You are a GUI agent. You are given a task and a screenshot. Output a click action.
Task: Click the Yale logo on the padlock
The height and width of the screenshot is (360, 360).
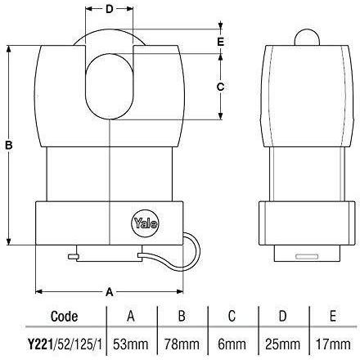tap(146, 223)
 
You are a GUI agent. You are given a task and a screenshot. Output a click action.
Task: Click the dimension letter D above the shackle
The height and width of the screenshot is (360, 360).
tap(109, 9)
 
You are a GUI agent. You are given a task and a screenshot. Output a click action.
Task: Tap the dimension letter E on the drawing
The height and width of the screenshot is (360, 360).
tap(220, 42)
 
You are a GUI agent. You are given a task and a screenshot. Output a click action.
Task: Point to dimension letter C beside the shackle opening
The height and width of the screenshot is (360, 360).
tap(220, 87)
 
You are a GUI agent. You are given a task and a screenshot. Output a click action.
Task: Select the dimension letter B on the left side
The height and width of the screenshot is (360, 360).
tap(9, 145)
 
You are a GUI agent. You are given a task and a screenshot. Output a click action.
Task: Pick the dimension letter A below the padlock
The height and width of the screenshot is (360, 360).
tap(109, 292)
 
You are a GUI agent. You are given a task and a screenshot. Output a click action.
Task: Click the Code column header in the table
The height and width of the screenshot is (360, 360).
tap(64, 317)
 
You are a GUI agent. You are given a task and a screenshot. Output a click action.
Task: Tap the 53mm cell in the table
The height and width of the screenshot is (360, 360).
tap(131, 344)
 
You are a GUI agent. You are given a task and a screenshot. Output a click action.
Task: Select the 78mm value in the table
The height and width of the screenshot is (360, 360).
tap(182, 344)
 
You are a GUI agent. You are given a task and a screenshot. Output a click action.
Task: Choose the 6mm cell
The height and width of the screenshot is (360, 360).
tap(232, 344)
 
